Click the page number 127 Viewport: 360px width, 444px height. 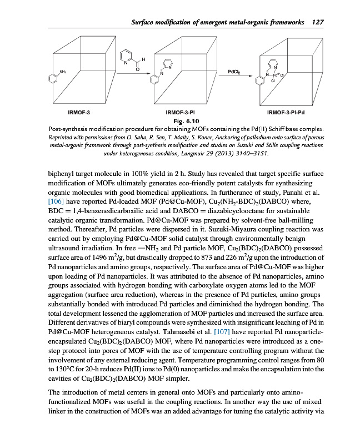point(317,22)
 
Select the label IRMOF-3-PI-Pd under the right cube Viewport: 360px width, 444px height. point(286,113)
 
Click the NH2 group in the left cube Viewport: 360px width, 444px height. point(63,70)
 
